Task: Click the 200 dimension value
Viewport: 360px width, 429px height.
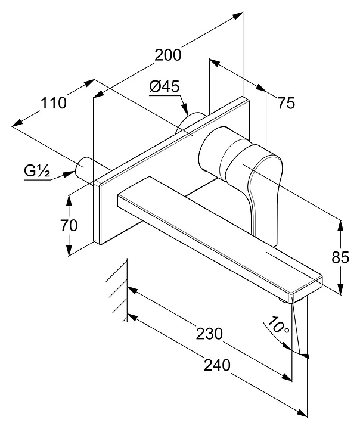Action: (167, 55)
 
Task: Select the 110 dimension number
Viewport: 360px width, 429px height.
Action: (53, 102)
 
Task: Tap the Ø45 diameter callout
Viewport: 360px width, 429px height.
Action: (165, 87)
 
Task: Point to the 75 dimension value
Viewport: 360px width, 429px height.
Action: (286, 103)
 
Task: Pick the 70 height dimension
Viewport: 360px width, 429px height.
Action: (69, 225)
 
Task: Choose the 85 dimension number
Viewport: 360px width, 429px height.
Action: (340, 257)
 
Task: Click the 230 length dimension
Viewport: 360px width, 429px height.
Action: (209, 333)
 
